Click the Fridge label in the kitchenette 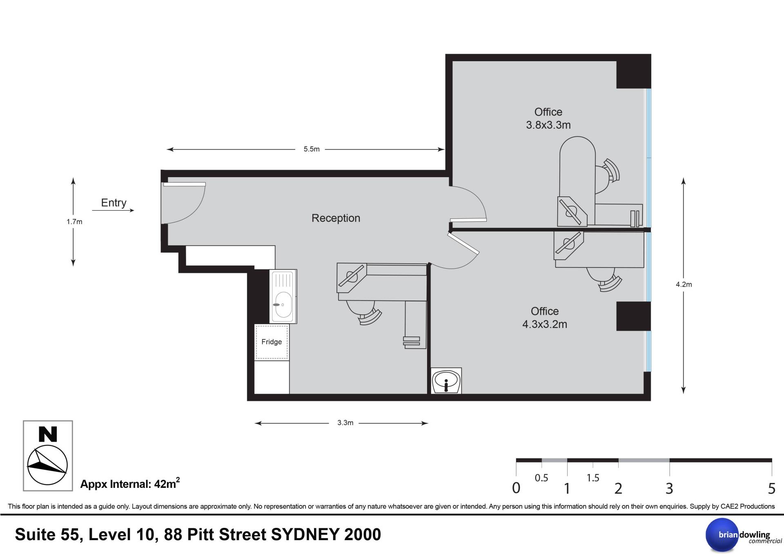(x=272, y=342)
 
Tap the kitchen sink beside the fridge (x=283, y=296)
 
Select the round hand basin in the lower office (x=446, y=380)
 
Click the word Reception (x=336, y=218)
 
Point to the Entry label (x=114, y=203)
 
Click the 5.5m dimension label (x=312, y=149)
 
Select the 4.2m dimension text (x=684, y=285)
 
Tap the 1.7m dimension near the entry (x=74, y=222)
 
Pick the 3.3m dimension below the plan (x=345, y=423)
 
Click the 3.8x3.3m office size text (x=548, y=125)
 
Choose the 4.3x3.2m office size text (x=545, y=324)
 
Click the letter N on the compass (x=48, y=434)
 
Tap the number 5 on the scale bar (x=771, y=488)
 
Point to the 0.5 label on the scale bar (x=541, y=478)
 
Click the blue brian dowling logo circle (x=722, y=535)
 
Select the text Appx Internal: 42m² (x=130, y=483)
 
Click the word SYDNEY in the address (x=305, y=534)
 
